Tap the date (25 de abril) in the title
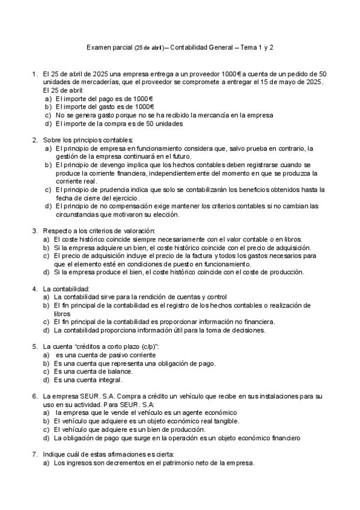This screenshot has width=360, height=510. (148, 46)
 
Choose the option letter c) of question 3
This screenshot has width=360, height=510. (46, 256)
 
